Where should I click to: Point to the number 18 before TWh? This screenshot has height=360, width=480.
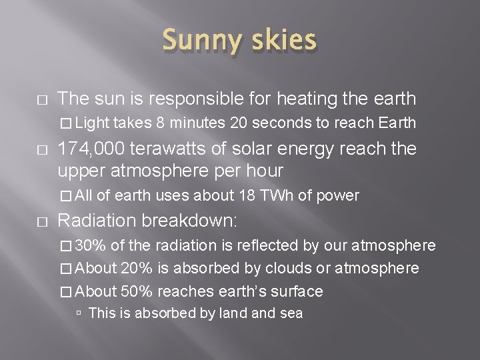[x=267, y=195]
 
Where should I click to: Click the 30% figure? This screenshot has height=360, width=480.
[x=90, y=246]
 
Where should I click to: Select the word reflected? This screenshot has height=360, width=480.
[x=264, y=246]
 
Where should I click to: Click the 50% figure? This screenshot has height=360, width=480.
[x=137, y=291]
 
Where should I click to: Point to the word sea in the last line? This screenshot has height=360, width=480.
[x=290, y=313]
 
